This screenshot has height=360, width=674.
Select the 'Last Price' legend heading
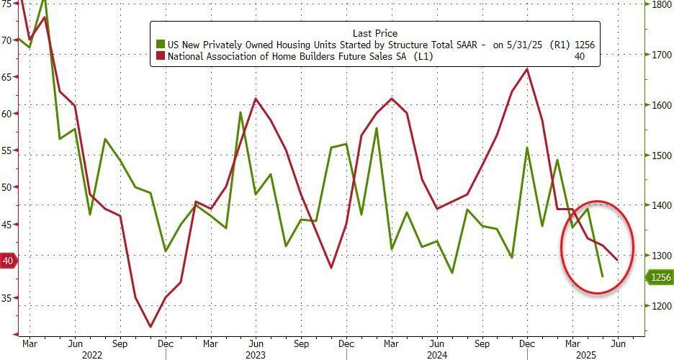[x=374, y=33]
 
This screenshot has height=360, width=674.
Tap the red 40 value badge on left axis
[x=8, y=261]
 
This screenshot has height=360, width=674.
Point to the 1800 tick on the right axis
[x=662, y=4]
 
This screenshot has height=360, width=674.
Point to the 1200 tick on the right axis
[x=662, y=306]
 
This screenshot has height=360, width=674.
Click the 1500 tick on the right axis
[x=662, y=156]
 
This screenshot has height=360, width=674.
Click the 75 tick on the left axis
[x=7, y=4]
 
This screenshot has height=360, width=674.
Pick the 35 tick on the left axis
[x=7, y=297]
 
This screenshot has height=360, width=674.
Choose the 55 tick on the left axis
[x=7, y=150]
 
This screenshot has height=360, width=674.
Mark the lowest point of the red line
[x=150, y=327]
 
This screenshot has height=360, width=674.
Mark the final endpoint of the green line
[x=602, y=276]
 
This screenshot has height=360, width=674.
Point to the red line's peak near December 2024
[x=527, y=69]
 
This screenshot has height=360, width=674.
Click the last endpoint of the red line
[x=617, y=260]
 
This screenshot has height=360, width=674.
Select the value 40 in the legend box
[x=579, y=55]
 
